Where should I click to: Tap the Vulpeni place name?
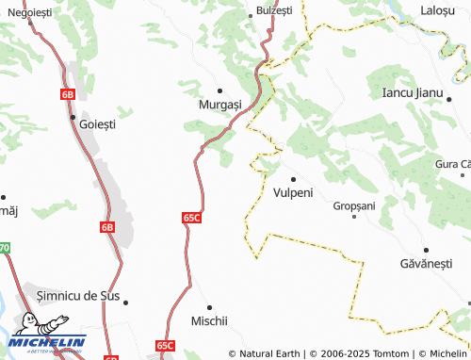[x=293, y=192]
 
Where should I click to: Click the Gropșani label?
[x=354, y=205]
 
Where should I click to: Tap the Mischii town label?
[x=210, y=320]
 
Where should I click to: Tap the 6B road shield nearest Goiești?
[x=67, y=94]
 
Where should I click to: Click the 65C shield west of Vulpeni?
[x=191, y=217]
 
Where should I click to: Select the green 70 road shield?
[x=4, y=248]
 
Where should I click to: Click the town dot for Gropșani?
[x=354, y=217]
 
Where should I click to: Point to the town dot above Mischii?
[x=210, y=306]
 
